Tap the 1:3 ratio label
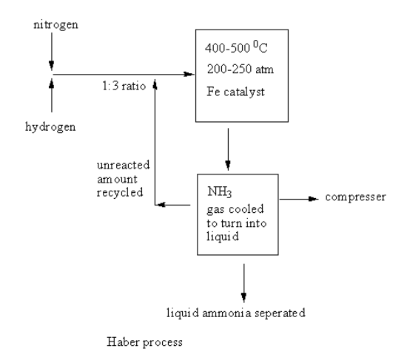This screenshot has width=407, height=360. point(124,86)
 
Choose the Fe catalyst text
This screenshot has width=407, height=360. point(231,95)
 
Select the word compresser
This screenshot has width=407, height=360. point(349,199)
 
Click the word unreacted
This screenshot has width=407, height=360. point(118,164)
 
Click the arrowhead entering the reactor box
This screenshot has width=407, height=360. point(189,74)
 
